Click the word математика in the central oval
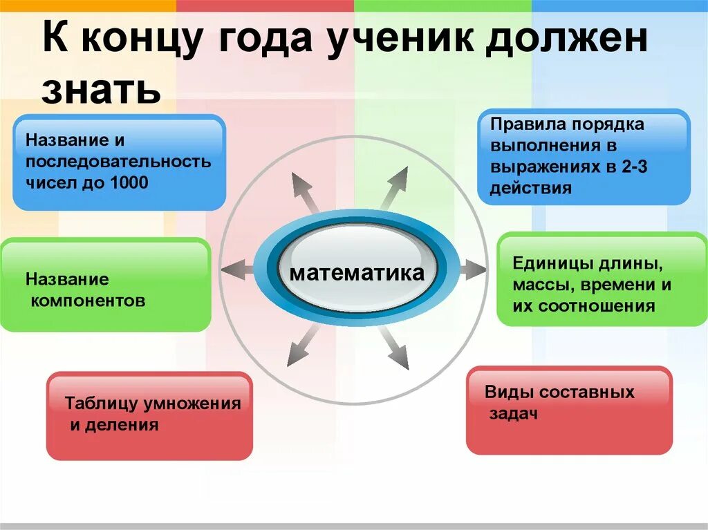(357, 273)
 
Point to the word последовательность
(118, 162)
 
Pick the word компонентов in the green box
(88, 301)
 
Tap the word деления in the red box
(120, 424)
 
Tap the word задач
(513, 413)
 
